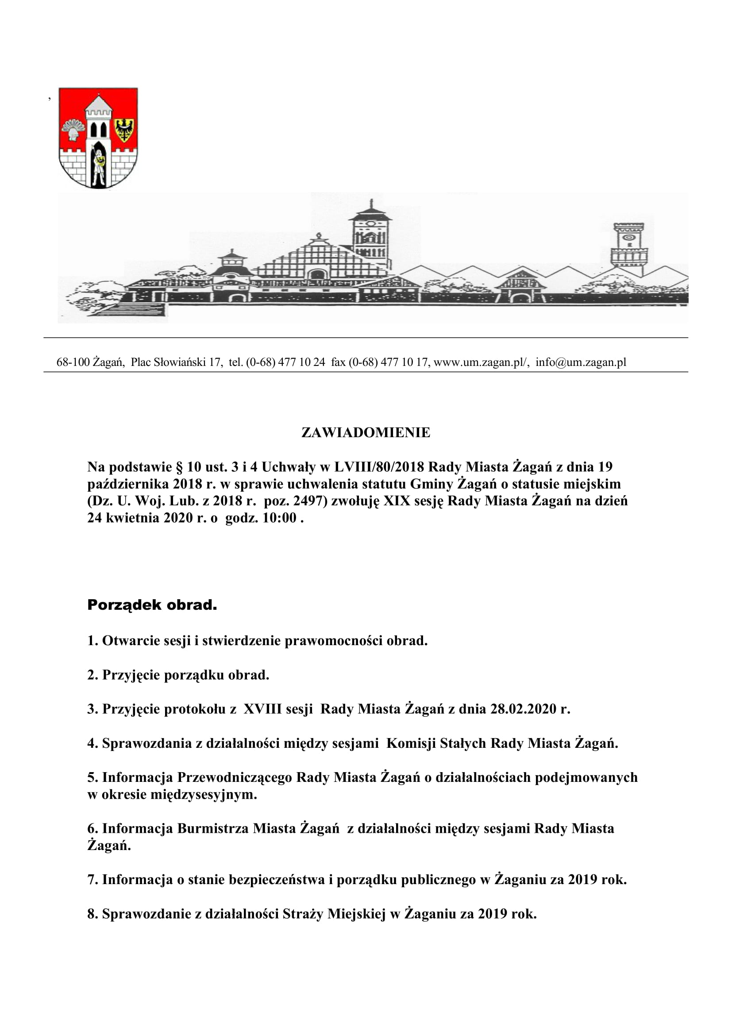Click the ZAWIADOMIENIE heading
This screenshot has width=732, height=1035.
pyautogui.click(x=366, y=432)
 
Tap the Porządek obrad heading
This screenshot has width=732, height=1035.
pyautogui.click(x=152, y=605)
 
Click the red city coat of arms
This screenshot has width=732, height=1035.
pyautogui.click(x=98, y=138)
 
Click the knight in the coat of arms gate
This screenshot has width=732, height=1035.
pyautogui.click(x=98, y=166)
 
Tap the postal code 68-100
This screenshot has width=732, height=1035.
pyautogui.click(x=73, y=362)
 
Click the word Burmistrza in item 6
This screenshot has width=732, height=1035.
pyautogui.click(x=213, y=828)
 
